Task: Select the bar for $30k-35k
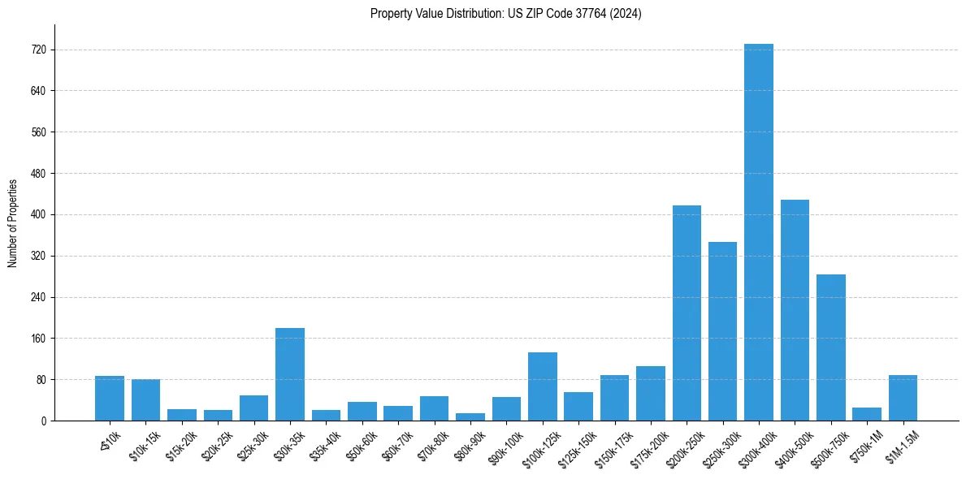click(x=290, y=374)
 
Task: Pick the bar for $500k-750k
click(x=830, y=347)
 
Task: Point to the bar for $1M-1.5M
click(x=903, y=398)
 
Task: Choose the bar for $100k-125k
click(x=543, y=386)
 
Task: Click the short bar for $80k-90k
click(x=470, y=416)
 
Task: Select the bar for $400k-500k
click(x=795, y=310)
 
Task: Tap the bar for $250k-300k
click(x=722, y=331)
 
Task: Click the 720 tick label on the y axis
click(x=38, y=50)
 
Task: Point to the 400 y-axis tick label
click(x=38, y=215)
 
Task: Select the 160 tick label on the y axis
click(x=38, y=339)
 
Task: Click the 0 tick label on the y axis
click(x=43, y=421)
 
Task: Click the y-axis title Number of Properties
click(x=12, y=222)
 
